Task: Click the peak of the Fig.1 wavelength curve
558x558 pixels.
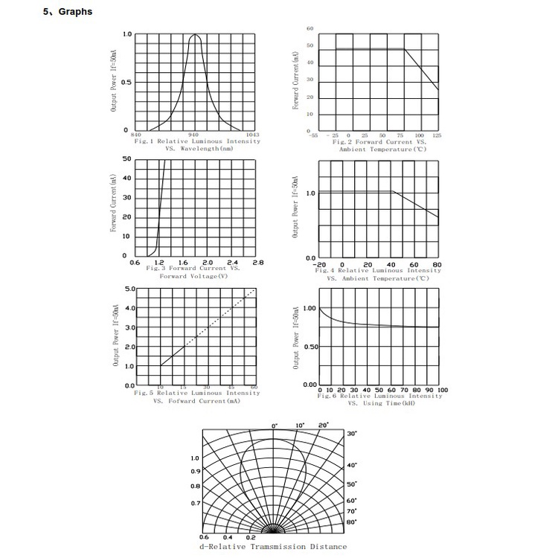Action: [x=196, y=35]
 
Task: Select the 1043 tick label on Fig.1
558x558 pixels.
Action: [x=251, y=135]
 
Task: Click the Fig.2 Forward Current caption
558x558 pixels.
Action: [x=379, y=141]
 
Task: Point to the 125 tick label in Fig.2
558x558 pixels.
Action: [x=437, y=135]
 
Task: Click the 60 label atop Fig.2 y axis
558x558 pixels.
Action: [x=310, y=28]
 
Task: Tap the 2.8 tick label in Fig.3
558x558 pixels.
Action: [x=257, y=262]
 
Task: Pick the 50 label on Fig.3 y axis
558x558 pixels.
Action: [x=126, y=159]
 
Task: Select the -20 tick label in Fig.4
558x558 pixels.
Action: [x=320, y=264]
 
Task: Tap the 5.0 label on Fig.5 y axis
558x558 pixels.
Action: [x=129, y=288]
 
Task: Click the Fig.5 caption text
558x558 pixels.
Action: [x=196, y=393]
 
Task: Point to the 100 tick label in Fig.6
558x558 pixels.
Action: [x=442, y=390]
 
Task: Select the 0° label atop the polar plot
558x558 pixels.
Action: [x=275, y=426]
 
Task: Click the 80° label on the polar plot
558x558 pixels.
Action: [x=352, y=522]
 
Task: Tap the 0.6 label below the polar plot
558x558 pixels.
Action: [x=205, y=536]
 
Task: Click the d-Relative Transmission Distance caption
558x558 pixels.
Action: [x=273, y=546]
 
